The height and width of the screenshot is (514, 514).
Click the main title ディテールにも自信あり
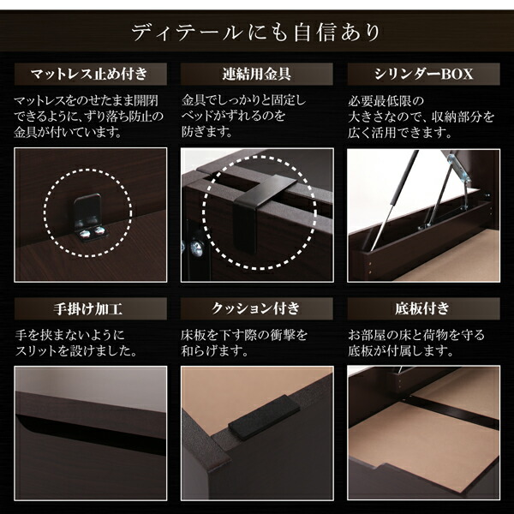[x=256, y=33]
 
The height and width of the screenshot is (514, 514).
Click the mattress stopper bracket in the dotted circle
[x=87, y=218]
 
